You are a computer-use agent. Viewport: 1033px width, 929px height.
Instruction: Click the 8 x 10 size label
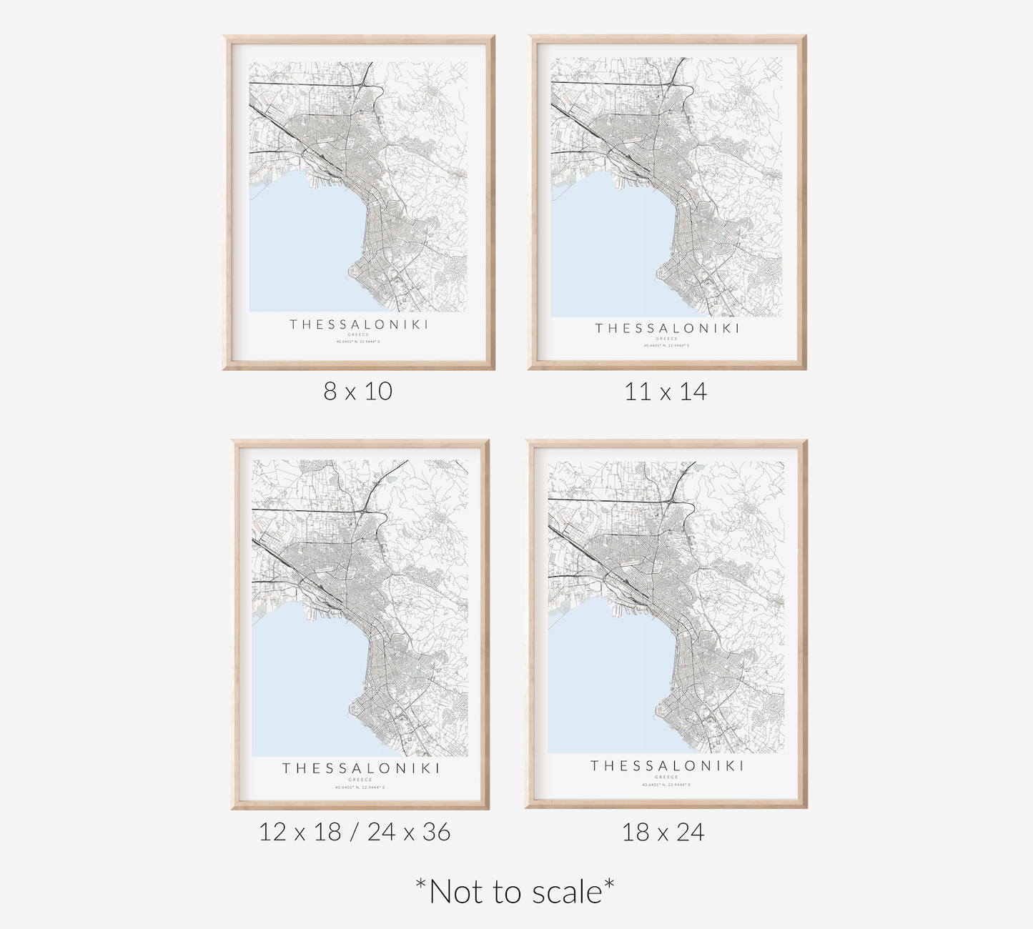[x=358, y=392]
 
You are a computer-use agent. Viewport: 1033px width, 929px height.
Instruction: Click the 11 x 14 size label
[x=666, y=392]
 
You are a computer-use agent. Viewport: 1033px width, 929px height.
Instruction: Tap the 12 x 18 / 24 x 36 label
[x=355, y=832]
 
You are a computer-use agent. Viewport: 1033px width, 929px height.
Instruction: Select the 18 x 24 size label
[x=663, y=832]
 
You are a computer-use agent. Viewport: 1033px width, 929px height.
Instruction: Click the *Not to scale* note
[x=515, y=891]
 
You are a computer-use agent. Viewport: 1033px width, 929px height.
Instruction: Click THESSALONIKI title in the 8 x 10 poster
[x=359, y=324]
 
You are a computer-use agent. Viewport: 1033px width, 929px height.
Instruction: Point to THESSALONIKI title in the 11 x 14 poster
[x=667, y=329]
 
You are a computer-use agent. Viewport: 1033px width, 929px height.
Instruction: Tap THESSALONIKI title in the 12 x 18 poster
[x=360, y=768]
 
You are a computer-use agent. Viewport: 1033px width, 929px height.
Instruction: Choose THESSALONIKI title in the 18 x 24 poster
[x=667, y=766]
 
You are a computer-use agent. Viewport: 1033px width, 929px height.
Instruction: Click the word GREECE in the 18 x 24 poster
[x=667, y=777]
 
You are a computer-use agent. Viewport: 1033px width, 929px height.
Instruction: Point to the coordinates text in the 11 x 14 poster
[x=666, y=346]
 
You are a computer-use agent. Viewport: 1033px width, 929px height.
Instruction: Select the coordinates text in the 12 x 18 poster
[x=360, y=788]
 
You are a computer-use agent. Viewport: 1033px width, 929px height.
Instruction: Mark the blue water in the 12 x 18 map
[x=300, y=686]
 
